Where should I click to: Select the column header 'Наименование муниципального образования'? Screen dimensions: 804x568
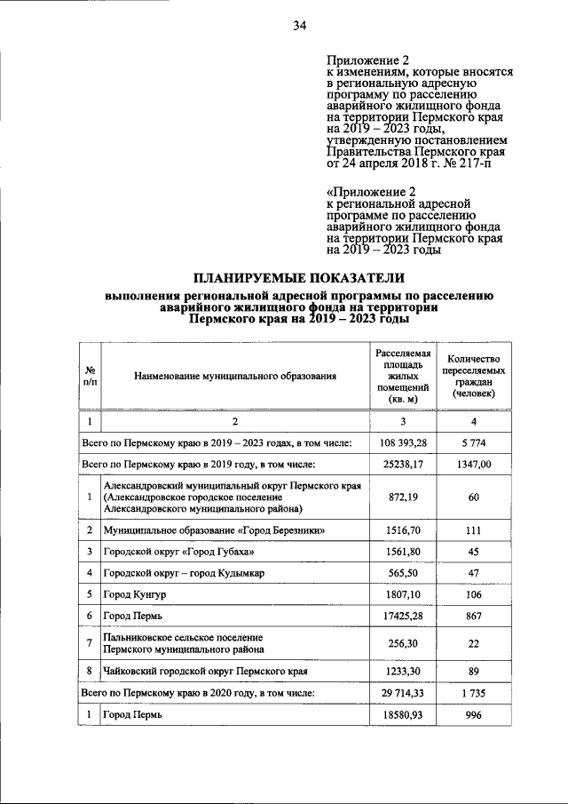coord(235,376)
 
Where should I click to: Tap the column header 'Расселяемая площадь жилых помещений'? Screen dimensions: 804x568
coord(403,376)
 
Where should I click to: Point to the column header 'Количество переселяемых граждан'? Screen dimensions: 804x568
coord(473,376)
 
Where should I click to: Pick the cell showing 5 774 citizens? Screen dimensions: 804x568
coord(473,442)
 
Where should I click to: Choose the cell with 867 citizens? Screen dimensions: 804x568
coord(473,616)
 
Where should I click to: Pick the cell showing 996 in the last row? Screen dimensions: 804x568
coord(473,714)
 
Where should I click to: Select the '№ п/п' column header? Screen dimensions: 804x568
coord(90,376)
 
